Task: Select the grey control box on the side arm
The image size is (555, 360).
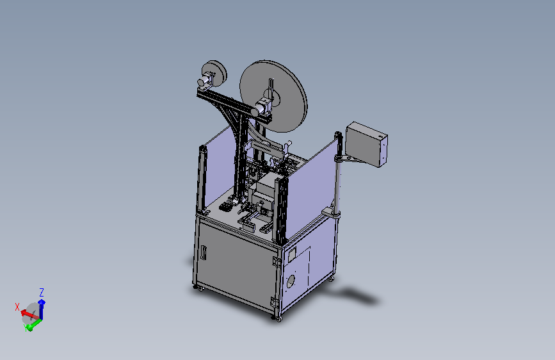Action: pos(366,144)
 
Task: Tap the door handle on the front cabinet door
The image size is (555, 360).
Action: pos(204,252)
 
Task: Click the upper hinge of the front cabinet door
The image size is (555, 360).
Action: pos(277,261)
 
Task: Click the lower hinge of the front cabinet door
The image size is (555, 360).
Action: pos(273,302)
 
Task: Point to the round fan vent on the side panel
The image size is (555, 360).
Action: pos(291,281)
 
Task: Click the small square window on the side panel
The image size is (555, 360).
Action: pos(292,255)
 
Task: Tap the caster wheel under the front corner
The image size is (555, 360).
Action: pos(278,319)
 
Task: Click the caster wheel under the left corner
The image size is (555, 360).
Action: pos(200,289)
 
